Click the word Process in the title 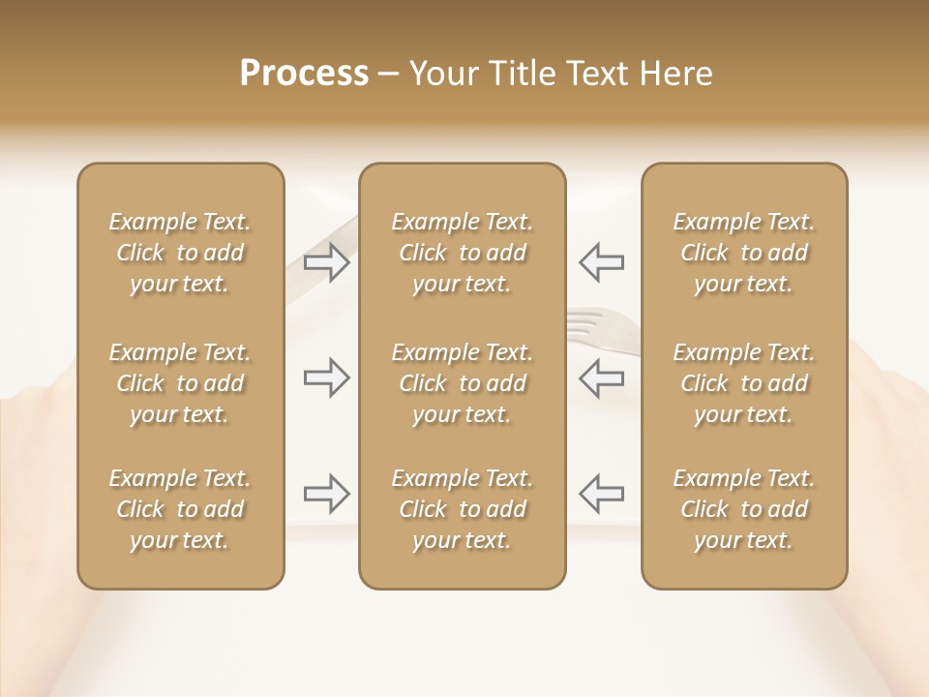pyautogui.click(x=304, y=74)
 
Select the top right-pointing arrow pyautogui.click(x=327, y=262)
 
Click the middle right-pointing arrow pyautogui.click(x=327, y=378)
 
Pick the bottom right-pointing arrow pyautogui.click(x=327, y=494)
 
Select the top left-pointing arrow pyautogui.click(x=601, y=262)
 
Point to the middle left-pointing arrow pyautogui.click(x=601, y=378)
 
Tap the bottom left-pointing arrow pyautogui.click(x=601, y=494)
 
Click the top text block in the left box pyautogui.click(x=180, y=253)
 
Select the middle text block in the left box pyautogui.click(x=180, y=383)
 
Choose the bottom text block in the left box pyautogui.click(x=180, y=509)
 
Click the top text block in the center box pyautogui.click(x=462, y=253)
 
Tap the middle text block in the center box pyautogui.click(x=462, y=383)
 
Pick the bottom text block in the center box pyautogui.click(x=462, y=509)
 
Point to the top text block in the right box pyautogui.click(x=744, y=253)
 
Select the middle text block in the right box pyautogui.click(x=744, y=383)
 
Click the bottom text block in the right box pyautogui.click(x=744, y=509)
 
